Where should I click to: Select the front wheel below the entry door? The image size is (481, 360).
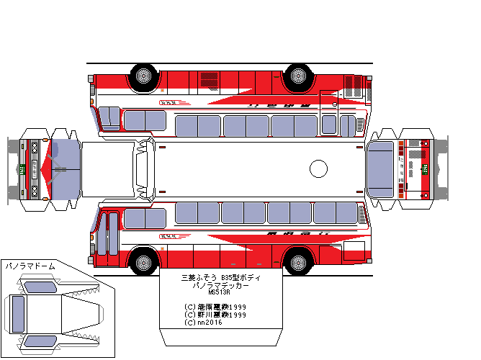[x=143, y=260]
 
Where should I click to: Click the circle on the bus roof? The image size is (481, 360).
[x=318, y=168]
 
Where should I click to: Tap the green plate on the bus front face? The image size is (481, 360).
[x=22, y=169]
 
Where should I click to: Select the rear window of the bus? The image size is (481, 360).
[x=381, y=168]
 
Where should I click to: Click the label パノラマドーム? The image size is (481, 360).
[x=30, y=266]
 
